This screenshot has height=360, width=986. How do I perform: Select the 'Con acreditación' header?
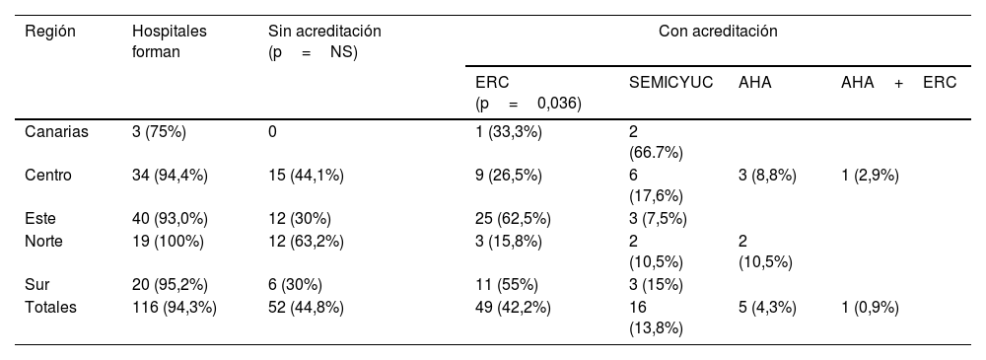click(718, 32)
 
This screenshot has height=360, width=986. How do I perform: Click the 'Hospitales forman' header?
click(170, 40)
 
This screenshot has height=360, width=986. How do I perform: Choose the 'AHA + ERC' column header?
click(898, 84)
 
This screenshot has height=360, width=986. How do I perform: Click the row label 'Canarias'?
click(56, 132)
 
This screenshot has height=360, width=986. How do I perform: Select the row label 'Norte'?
click(44, 240)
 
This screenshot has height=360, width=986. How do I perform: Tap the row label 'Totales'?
click(50, 307)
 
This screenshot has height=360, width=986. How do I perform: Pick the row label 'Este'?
click(40, 218)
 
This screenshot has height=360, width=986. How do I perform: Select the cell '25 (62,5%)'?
click(513, 218)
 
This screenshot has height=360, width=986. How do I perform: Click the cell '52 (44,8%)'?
click(306, 307)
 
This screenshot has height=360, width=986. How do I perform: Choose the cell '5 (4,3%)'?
click(767, 307)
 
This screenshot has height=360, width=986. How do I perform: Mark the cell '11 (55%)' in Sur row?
click(507, 285)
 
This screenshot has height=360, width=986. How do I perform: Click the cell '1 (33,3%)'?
click(509, 132)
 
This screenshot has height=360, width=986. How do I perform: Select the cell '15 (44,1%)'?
click(306, 176)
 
